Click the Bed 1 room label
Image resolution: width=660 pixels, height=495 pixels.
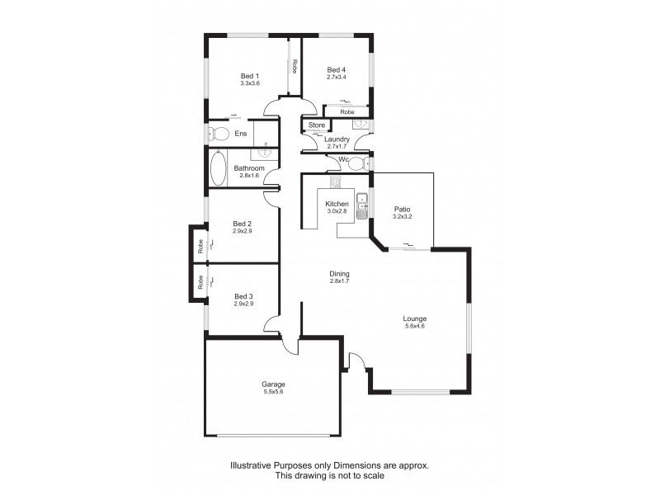point(250,76)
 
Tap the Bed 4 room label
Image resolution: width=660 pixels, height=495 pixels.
point(334,69)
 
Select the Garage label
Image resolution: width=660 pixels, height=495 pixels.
point(273,384)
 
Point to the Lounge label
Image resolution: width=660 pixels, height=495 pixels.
point(414,318)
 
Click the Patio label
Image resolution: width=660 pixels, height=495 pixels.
point(402,210)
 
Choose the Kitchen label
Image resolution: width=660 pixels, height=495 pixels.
point(337,204)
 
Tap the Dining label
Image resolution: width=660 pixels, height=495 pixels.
point(340,274)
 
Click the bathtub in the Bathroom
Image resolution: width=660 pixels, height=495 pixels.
point(219,168)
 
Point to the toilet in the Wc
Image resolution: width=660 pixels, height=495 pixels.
point(357,164)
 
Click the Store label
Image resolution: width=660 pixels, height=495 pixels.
point(317,125)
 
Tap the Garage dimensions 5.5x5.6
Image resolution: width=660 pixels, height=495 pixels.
point(273,392)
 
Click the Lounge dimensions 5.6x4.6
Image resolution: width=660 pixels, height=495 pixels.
point(414,326)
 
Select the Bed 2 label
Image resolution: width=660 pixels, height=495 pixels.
point(242,224)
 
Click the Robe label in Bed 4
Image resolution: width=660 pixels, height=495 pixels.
point(347,111)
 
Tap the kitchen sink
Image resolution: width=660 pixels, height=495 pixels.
point(361,205)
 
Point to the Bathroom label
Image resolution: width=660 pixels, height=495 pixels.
point(249,168)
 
